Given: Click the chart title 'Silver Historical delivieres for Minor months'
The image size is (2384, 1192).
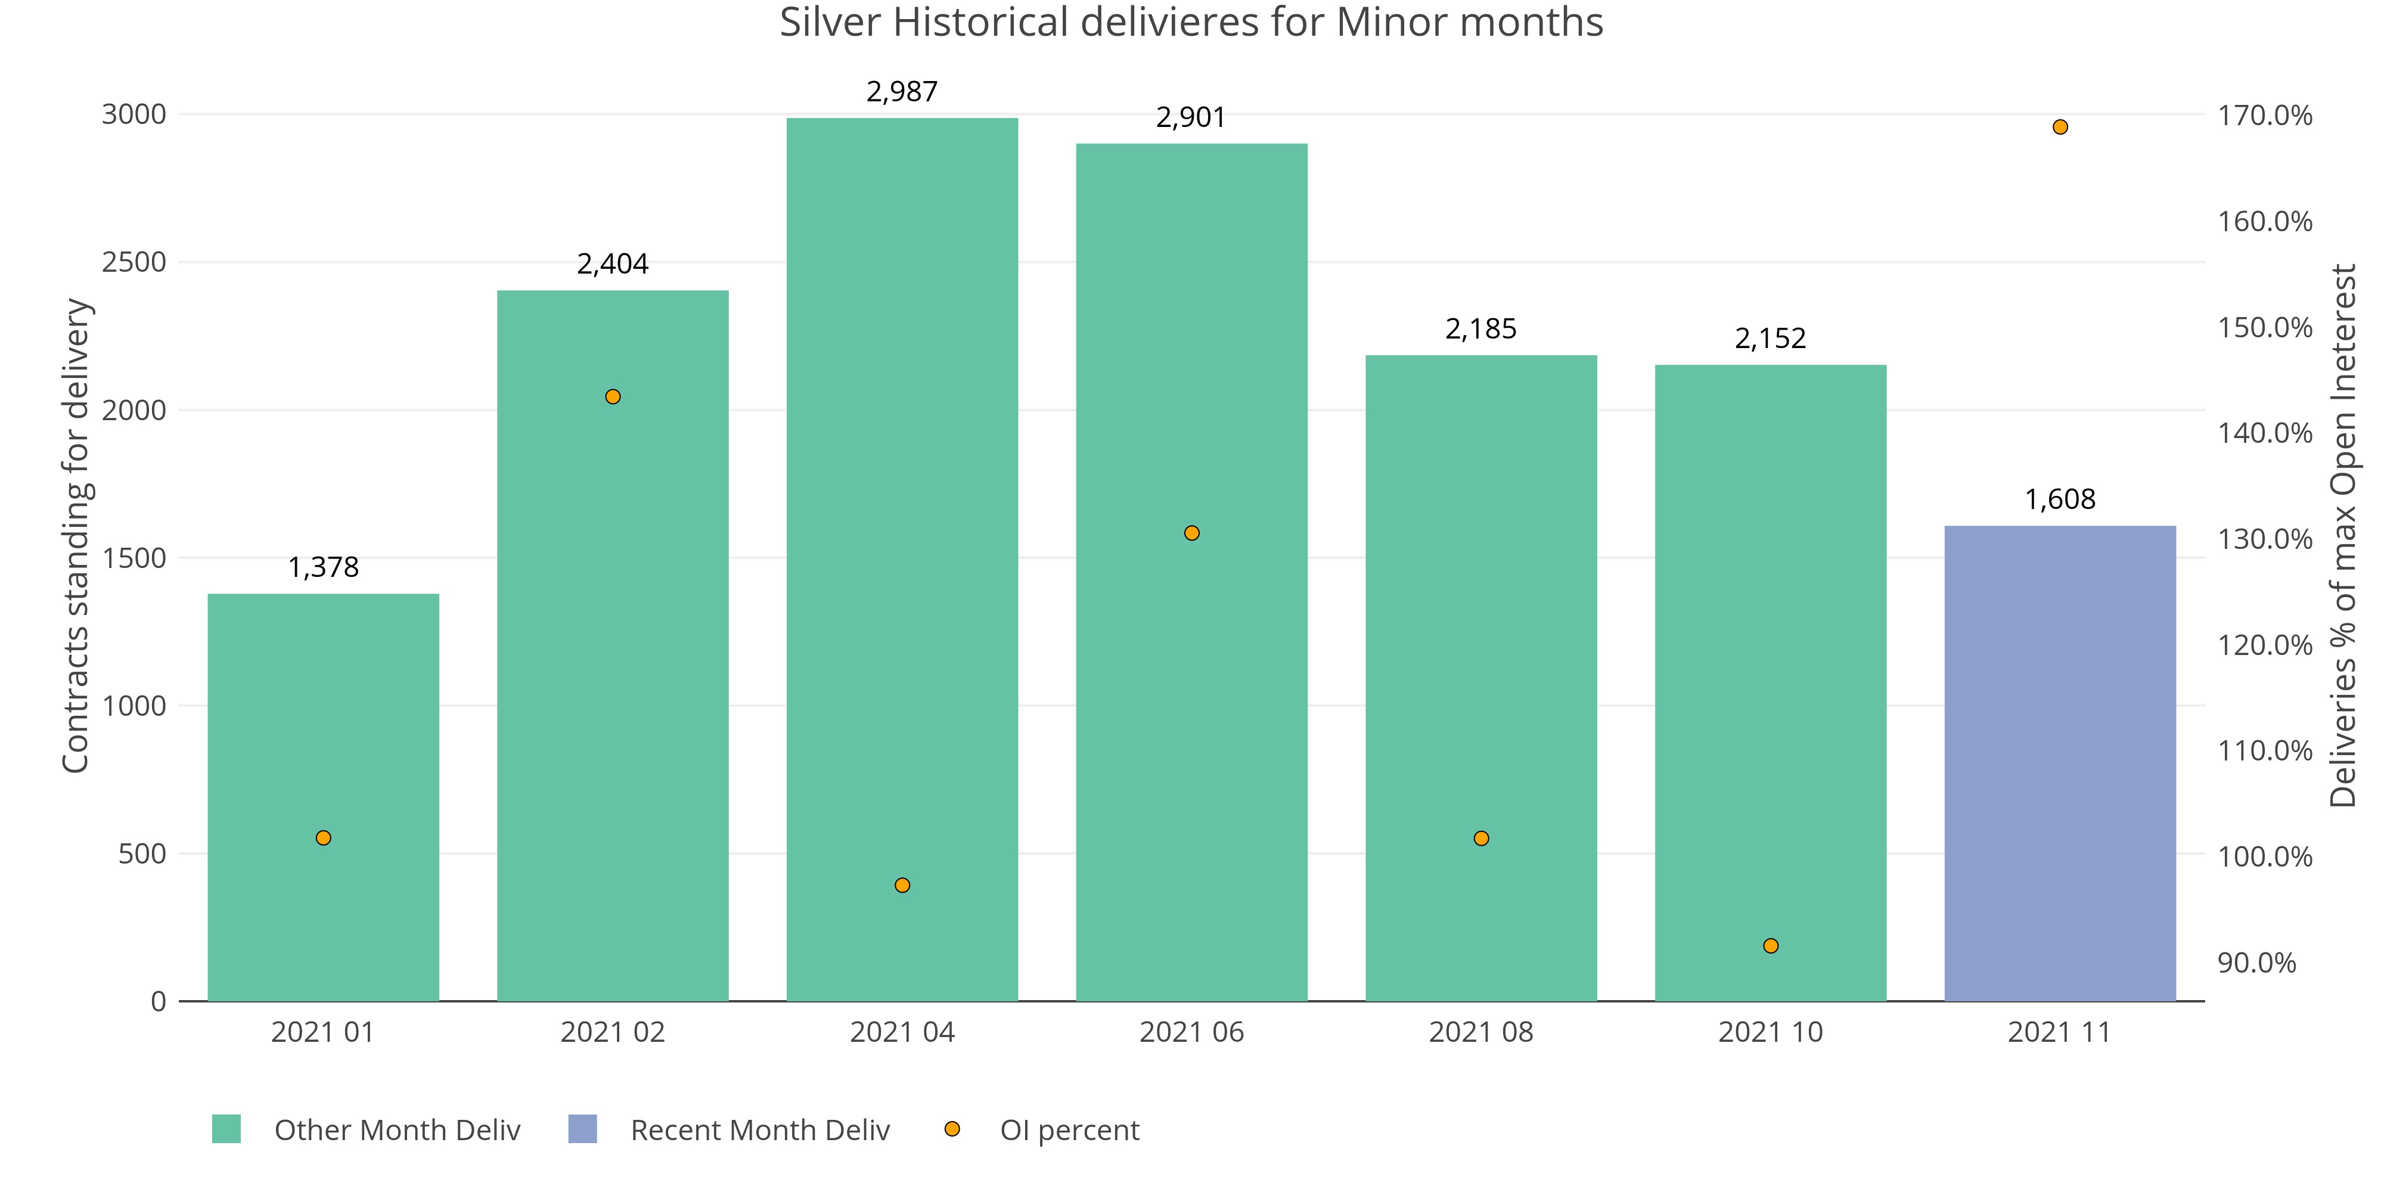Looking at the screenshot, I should point(1191,22).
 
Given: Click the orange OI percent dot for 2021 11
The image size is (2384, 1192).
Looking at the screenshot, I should point(2060,127).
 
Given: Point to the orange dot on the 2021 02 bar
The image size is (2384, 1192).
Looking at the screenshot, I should point(613,397).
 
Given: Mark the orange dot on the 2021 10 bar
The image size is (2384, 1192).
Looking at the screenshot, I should point(1770,946).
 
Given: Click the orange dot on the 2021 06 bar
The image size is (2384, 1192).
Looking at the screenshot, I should point(1192,533).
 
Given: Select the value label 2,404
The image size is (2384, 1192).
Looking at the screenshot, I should point(613,265).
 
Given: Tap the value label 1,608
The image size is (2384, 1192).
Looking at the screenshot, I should point(2060,500).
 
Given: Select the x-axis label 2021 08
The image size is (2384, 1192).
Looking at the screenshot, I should point(1480,1032).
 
